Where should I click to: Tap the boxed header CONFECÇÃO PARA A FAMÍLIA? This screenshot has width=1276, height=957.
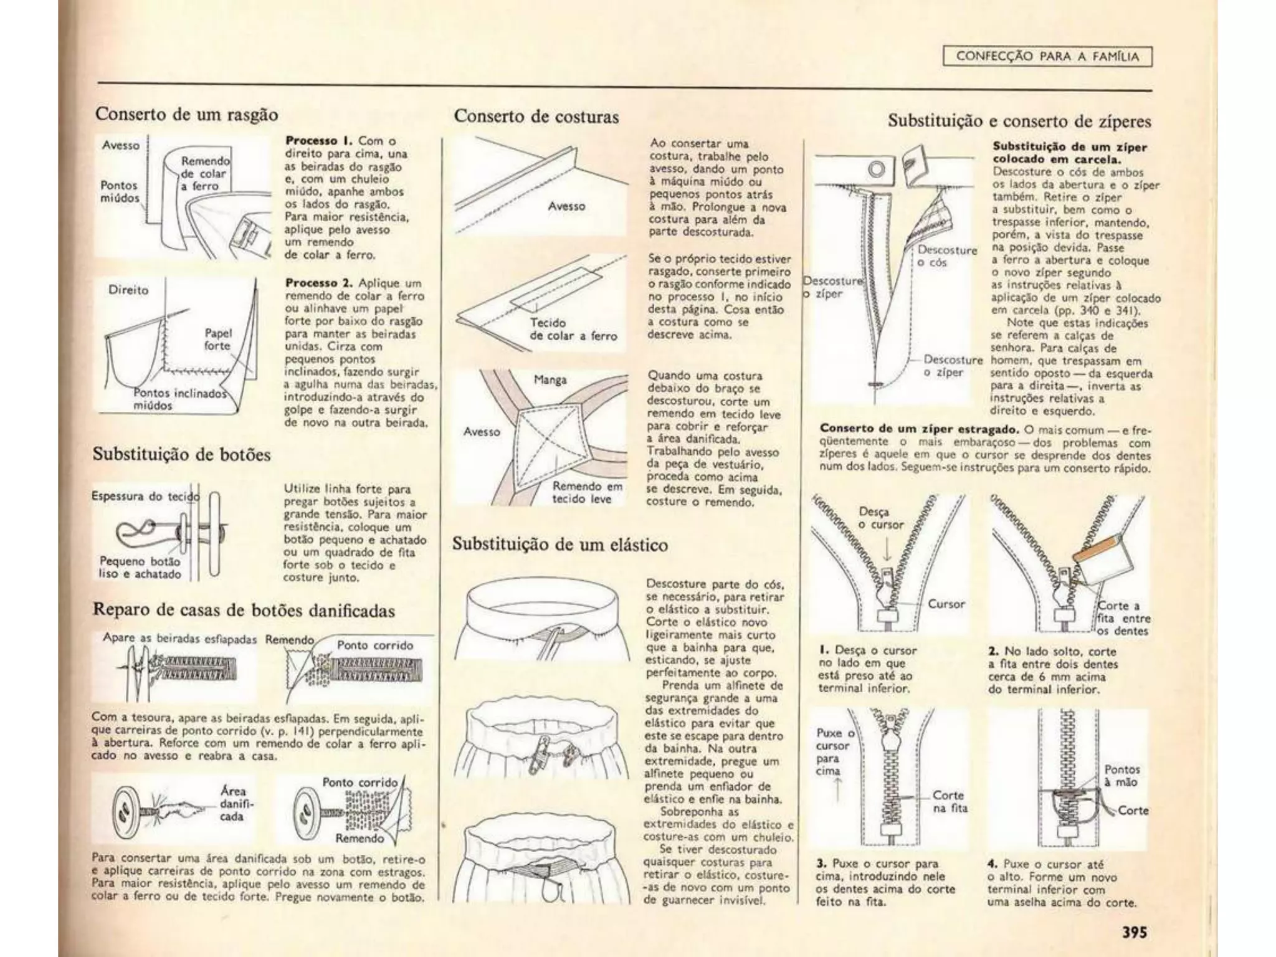tap(1047, 57)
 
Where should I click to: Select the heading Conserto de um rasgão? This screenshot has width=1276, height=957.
tap(186, 115)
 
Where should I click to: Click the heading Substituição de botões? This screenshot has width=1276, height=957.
tap(181, 454)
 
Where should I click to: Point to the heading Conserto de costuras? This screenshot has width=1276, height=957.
tap(536, 117)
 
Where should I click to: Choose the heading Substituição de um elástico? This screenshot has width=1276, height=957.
tap(559, 545)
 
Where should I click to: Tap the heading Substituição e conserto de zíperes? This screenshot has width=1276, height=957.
tap(1019, 121)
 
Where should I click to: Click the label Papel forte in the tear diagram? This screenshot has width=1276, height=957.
tap(217, 340)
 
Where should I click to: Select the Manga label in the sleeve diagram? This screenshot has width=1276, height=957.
tap(550, 379)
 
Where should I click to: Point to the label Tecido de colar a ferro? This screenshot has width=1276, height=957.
tap(573, 330)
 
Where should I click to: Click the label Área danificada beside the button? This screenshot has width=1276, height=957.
tap(232, 804)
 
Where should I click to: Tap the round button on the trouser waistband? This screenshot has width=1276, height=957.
tap(876, 169)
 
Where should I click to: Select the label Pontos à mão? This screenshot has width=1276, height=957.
tap(1121, 776)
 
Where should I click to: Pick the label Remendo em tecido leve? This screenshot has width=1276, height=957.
tap(586, 492)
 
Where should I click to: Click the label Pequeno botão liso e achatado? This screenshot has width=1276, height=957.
tap(140, 568)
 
